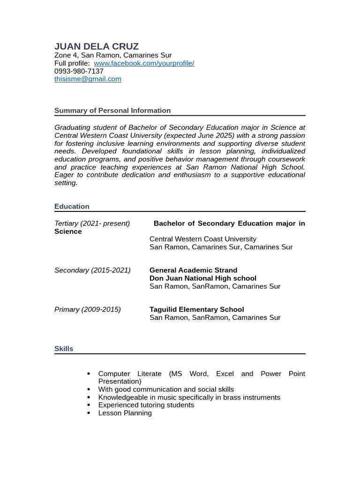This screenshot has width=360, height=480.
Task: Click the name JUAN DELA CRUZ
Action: coord(97,46)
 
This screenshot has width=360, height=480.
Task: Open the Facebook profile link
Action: coord(144,63)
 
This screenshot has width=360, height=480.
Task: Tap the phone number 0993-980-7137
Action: coord(79,71)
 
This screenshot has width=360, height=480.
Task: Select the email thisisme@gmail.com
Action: coord(88,79)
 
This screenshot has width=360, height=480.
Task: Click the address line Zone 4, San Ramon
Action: coord(112,55)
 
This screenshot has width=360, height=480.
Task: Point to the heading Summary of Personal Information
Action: coord(112,111)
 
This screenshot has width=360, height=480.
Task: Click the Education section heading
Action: coord(72,206)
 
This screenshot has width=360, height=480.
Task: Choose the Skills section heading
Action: coord(64,349)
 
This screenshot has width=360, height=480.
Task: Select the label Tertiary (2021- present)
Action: coord(92,224)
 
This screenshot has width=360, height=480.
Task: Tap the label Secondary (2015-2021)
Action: coord(92,270)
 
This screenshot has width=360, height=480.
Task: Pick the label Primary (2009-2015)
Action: coord(88,309)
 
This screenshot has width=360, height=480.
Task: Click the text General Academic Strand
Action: coord(193,270)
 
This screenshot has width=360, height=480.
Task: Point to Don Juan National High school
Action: coord(202,278)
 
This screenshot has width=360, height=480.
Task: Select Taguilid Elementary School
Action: coord(196,309)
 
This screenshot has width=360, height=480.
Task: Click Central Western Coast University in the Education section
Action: coord(202,239)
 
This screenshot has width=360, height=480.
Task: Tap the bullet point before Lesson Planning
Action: coord(89,413)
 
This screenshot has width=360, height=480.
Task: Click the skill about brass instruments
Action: coord(189,397)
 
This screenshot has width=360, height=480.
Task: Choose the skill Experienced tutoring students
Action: coord(146,405)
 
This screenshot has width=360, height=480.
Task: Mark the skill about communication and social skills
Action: coord(166,390)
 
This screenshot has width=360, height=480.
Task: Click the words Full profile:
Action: coord(72,63)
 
